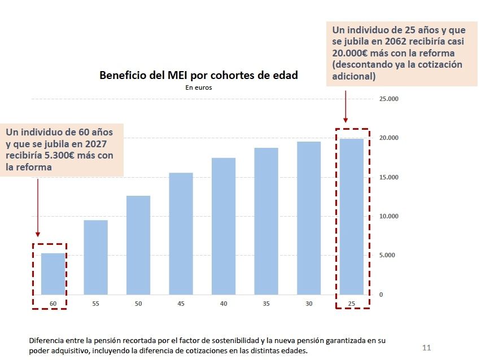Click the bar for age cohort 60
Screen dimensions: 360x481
(53, 274)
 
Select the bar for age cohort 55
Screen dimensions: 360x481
(95, 257)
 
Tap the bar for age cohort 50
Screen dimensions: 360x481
(138, 245)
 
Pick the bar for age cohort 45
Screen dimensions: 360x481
(181, 234)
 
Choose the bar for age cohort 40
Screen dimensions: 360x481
(224, 226)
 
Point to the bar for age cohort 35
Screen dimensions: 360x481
(266, 221)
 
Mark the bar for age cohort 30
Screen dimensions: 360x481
(309, 218)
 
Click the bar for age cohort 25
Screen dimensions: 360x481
(351, 217)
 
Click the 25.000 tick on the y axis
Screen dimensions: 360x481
(388, 99)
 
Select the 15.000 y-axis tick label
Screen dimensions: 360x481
(388, 177)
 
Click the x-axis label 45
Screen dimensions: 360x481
(181, 304)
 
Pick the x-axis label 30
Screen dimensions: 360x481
(309, 304)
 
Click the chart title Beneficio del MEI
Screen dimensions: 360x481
(198, 75)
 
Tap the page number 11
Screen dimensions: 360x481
(426, 347)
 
